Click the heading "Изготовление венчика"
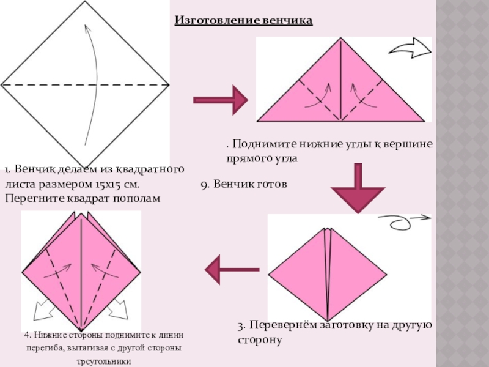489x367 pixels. click(243, 21)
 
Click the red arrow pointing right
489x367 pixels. click(220, 100)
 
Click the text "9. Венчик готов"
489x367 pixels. click(243, 183)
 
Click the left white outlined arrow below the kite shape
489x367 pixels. click(42, 311)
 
